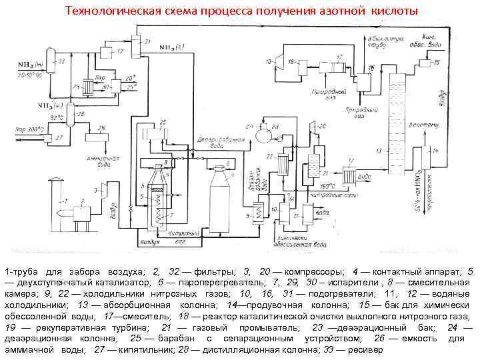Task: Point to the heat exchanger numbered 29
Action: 87,87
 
